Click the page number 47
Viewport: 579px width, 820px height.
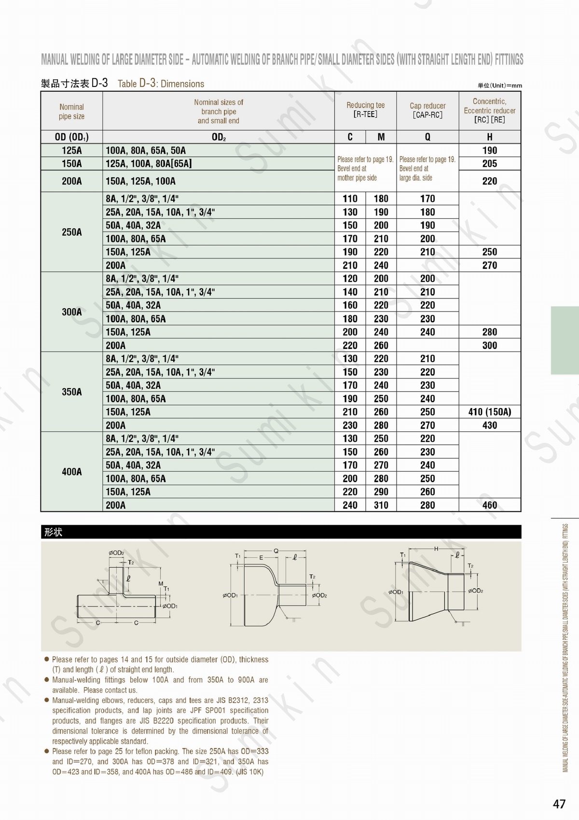(x=559, y=804)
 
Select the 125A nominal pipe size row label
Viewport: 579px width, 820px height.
(x=71, y=150)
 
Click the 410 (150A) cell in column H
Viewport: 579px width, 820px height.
(x=489, y=412)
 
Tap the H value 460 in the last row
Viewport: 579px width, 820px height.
(x=489, y=505)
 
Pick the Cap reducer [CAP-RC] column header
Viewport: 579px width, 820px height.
(x=427, y=110)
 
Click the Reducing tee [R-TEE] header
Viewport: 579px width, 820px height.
(x=365, y=110)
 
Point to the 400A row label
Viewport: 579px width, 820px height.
(x=71, y=472)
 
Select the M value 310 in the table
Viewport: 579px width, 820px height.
(x=381, y=505)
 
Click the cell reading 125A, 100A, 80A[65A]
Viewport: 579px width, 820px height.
(x=149, y=164)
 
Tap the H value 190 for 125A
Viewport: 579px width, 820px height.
(x=489, y=150)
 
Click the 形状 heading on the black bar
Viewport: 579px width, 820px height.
(x=53, y=532)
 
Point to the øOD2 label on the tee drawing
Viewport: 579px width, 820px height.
(x=116, y=553)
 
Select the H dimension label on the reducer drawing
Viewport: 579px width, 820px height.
(x=436, y=549)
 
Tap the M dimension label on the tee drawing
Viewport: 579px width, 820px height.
(x=161, y=584)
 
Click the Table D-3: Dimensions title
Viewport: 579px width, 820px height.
(x=161, y=84)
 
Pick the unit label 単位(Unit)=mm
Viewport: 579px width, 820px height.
(x=500, y=85)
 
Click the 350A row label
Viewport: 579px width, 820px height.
(x=71, y=392)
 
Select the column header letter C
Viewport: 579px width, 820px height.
(x=350, y=137)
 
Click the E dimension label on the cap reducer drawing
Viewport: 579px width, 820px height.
(x=261, y=558)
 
